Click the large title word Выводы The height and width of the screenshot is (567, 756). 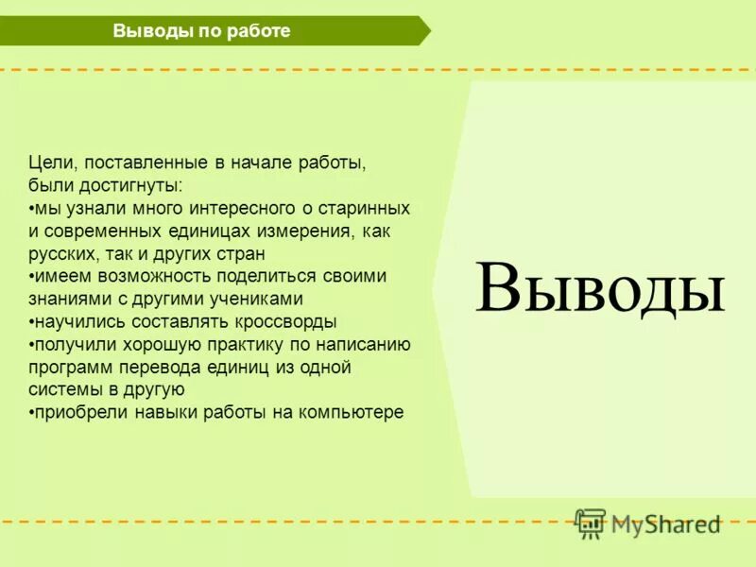600,287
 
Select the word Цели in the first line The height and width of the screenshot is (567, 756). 47,163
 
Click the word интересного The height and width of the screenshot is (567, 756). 236,208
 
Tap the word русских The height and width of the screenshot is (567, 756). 64,253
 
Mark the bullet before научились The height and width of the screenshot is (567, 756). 31,322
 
